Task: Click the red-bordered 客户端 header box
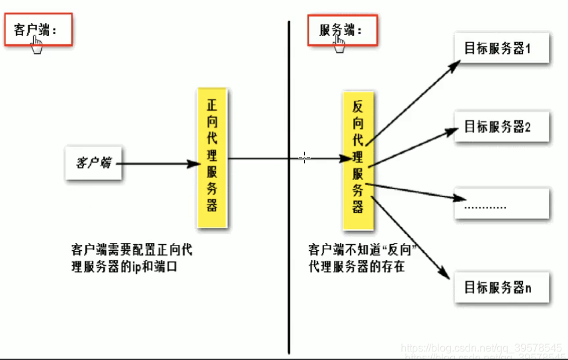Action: pos(38,30)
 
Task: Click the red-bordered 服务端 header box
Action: pos(343,30)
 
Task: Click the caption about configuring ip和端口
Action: pos(132,259)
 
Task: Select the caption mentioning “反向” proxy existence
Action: pos(366,259)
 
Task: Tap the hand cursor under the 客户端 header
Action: pos(37,46)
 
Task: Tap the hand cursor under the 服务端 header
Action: pos(339,44)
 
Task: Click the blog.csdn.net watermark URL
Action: pos(483,348)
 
